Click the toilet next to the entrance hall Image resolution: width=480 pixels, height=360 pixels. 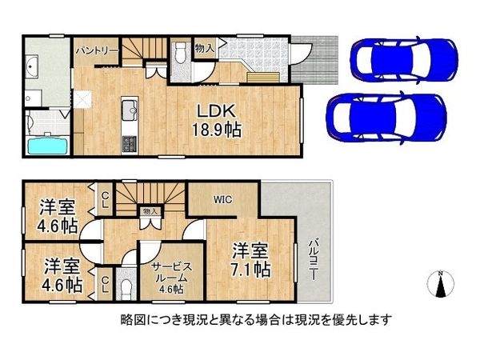tap(181, 51)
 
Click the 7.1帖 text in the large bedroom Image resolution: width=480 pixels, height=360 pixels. tap(250, 269)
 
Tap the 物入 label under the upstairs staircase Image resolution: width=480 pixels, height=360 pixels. tap(150, 212)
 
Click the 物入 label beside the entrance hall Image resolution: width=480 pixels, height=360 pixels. tap(204, 48)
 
